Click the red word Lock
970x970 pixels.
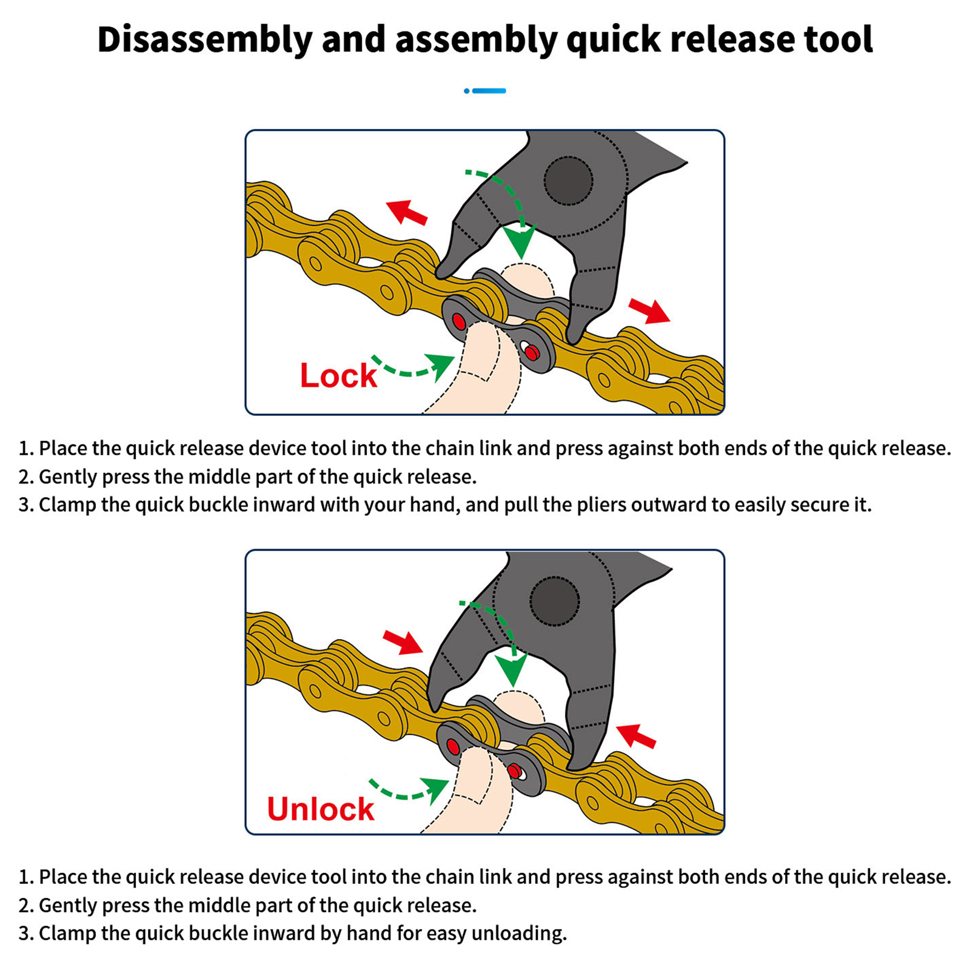click(x=338, y=375)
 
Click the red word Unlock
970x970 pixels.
click(x=321, y=809)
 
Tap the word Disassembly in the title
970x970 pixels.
click(x=204, y=40)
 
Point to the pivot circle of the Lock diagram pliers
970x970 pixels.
click(x=568, y=181)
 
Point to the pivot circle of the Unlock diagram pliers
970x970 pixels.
click(x=555, y=601)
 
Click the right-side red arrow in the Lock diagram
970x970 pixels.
click(x=649, y=310)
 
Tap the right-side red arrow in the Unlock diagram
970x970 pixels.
click(x=636, y=736)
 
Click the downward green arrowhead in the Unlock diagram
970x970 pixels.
click(x=513, y=669)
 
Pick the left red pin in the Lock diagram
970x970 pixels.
click(x=459, y=321)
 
